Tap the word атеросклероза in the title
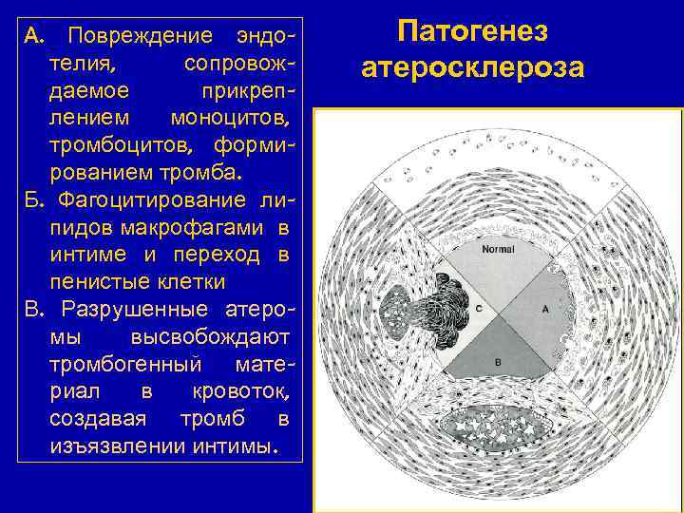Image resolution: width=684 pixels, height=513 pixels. click(x=473, y=68)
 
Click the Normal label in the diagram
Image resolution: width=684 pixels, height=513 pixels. click(x=498, y=250)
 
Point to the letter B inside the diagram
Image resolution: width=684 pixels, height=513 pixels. click(x=498, y=362)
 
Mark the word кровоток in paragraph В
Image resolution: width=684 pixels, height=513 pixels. click(x=244, y=391)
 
